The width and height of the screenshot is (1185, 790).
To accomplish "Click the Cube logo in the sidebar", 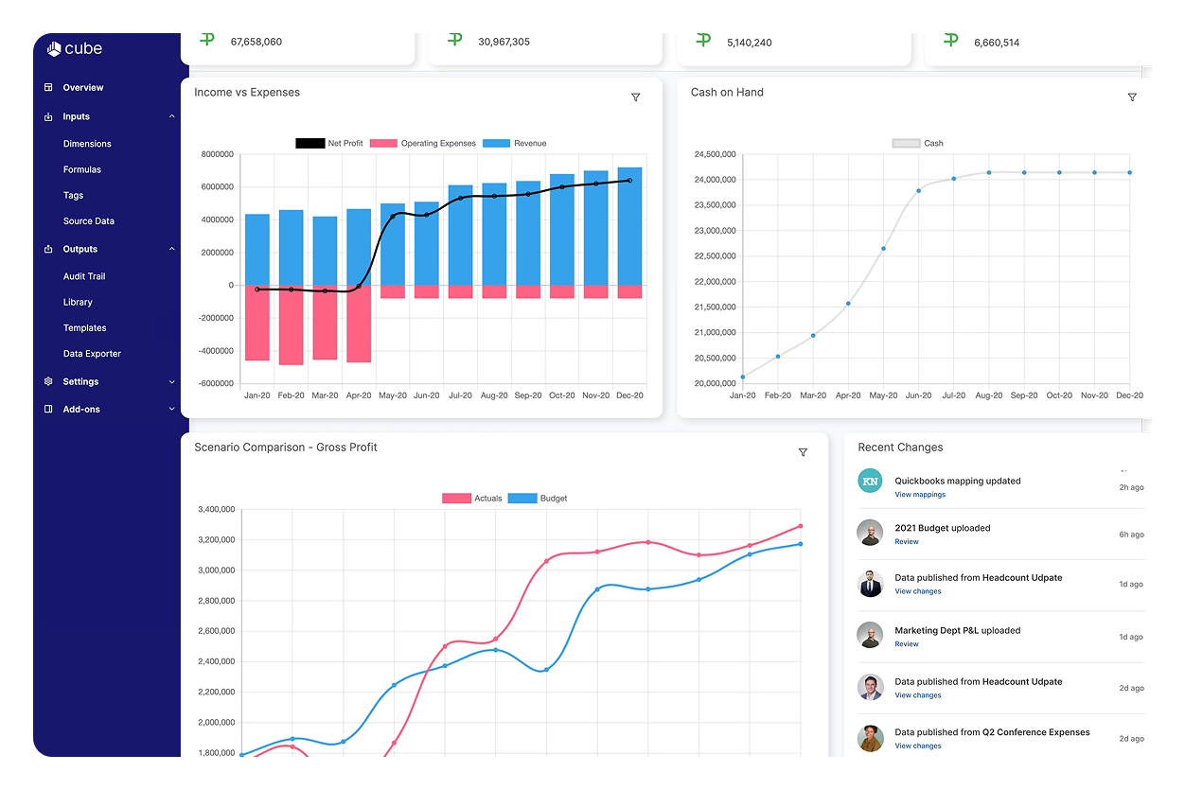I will (74, 49).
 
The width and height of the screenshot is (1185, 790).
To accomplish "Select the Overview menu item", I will (82, 88).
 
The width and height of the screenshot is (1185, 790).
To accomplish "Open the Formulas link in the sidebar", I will (81, 170).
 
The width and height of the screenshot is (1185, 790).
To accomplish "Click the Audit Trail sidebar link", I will (84, 277).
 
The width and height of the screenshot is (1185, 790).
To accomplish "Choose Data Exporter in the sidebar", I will (92, 354).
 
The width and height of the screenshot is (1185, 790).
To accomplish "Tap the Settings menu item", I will (80, 382).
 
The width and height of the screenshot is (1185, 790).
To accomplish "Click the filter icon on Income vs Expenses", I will (635, 97).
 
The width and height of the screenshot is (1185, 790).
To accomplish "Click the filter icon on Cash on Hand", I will (1132, 97).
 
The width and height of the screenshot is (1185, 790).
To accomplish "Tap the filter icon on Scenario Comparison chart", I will (803, 452).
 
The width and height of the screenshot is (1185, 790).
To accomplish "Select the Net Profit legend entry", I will (329, 144).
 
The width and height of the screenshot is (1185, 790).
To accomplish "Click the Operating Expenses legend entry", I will (423, 144).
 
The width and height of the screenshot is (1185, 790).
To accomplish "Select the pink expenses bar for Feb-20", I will (291, 325).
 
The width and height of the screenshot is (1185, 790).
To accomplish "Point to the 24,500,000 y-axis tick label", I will (715, 154).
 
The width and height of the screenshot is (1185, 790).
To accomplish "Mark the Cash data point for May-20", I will (883, 249).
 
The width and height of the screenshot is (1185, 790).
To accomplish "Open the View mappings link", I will (919, 495).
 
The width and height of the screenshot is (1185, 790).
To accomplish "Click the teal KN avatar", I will (870, 481).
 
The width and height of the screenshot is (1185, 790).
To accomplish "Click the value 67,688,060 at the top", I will (256, 42).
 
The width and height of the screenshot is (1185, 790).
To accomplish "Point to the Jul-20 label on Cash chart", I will (953, 395).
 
